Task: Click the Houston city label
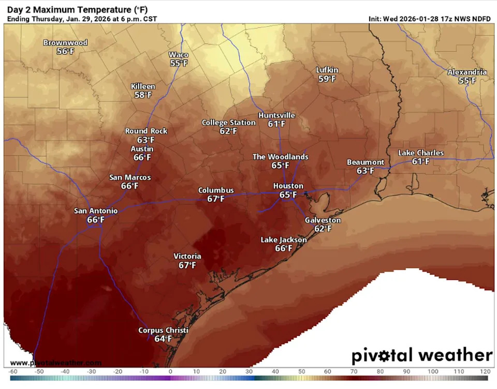288,186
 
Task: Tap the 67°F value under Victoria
187,265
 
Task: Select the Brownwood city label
65,43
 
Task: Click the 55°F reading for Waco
179,63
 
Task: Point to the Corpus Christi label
163,331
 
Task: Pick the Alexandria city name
467,72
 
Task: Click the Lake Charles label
420,153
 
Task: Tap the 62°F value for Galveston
323,229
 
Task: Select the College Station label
228,123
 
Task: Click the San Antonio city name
96,211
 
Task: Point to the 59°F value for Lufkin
327,79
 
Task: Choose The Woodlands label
280,157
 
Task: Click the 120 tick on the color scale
485,371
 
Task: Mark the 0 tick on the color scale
170,371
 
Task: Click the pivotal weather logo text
422,355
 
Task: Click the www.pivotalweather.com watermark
56,363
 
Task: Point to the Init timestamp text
429,19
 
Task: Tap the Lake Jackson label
283,240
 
